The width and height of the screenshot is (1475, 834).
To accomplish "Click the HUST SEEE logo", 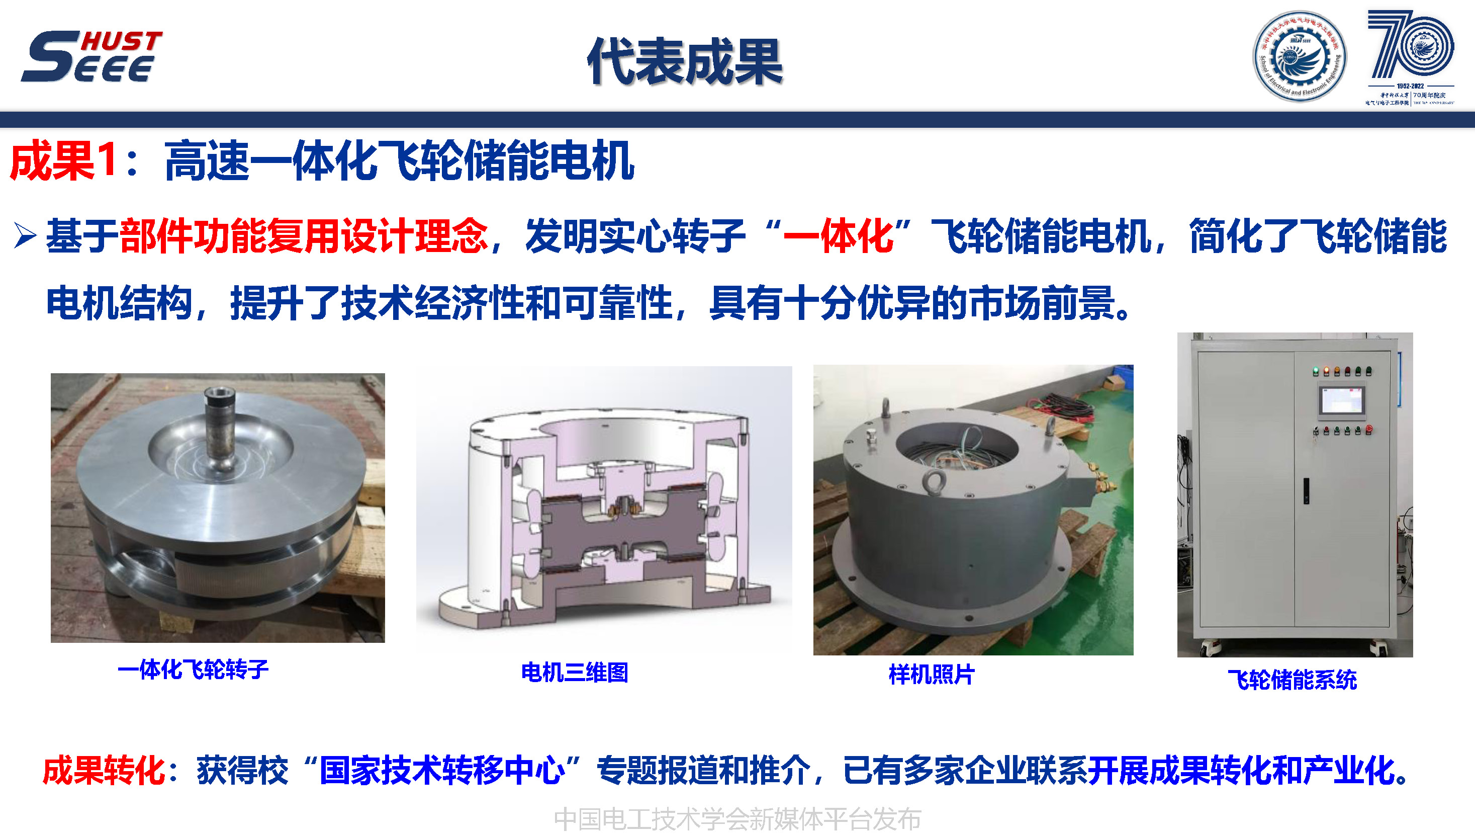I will point(91,56).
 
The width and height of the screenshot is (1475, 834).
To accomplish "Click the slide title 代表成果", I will point(685,62).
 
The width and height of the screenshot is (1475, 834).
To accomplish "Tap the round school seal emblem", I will point(1300,57).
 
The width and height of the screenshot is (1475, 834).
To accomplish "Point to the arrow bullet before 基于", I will point(25,236).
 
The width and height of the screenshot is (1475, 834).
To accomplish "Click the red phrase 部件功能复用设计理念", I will point(304,236).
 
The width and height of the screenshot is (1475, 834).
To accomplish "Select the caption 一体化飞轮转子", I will point(193,669).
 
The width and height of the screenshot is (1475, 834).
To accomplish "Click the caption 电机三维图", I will point(574,673).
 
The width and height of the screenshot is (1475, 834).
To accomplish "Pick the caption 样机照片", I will point(932,675).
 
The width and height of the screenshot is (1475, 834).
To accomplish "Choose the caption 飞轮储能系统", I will point(1293,680).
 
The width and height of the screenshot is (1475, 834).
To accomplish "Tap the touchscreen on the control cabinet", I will point(1342,400).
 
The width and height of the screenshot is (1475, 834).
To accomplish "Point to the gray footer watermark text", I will point(737,819).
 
